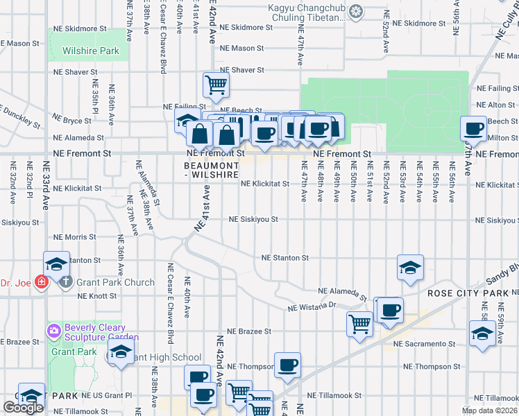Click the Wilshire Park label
coord(91,51)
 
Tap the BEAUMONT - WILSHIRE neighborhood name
coord(214,171)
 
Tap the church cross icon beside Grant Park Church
coord(66,282)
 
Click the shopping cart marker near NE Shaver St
coord(216,85)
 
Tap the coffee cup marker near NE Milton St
coord(474,128)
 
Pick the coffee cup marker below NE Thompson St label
coord(287,364)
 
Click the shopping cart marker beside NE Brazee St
coord(359,323)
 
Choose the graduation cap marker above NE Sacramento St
coord(482,334)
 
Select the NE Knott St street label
coord(97,296)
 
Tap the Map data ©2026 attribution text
coord(490,410)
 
